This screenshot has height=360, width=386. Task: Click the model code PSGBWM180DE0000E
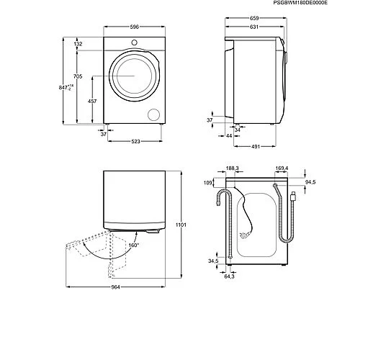click(x=300, y=3)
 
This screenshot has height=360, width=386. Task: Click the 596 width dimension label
click(x=135, y=27)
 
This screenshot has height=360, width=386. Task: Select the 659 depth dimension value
click(x=254, y=18)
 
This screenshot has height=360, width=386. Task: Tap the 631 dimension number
click(x=254, y=27)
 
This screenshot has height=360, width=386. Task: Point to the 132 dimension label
click(x=78, y=44)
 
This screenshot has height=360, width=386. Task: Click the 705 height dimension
click(x=78, y=76)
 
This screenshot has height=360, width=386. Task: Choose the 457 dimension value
click(x=92, y=101)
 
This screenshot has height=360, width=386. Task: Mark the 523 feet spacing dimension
click(x=135, y=141)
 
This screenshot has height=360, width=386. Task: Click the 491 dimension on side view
click(x=256, y=146)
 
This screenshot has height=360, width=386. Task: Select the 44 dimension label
click(x=229, y=135)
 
